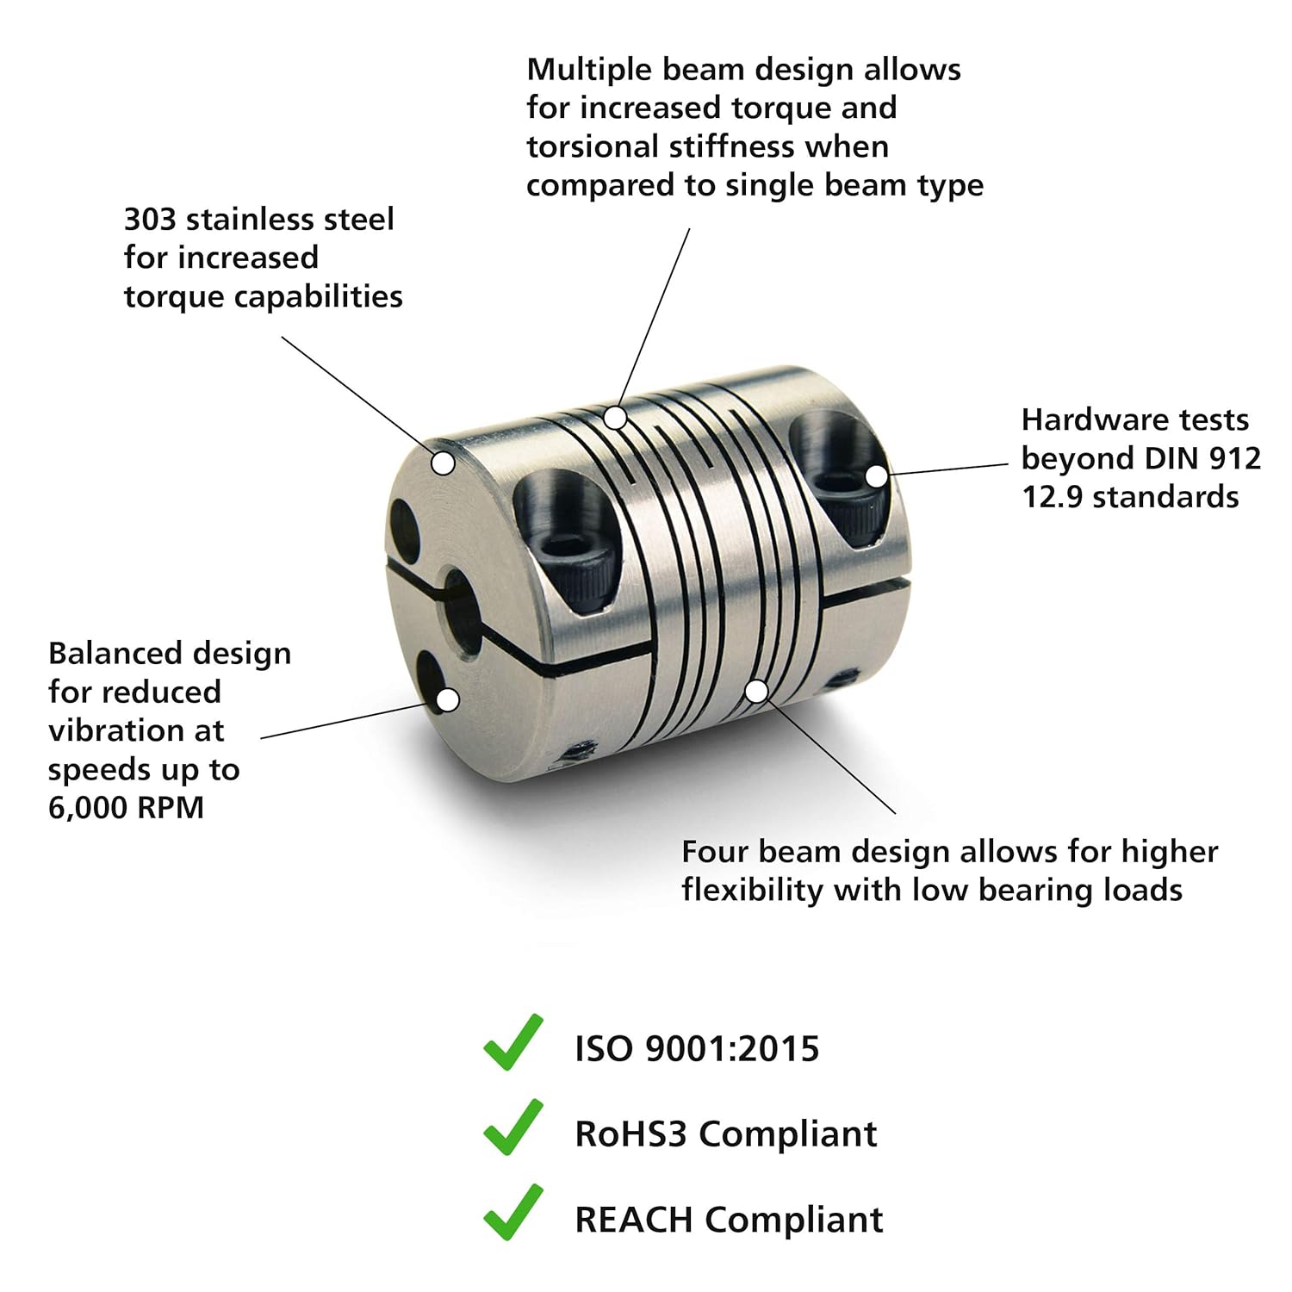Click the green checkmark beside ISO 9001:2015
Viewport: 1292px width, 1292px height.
click(512, 1044)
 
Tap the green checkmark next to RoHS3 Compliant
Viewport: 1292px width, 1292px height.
click(512, 1128)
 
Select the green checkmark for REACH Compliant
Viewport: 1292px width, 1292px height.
click(512, 1214)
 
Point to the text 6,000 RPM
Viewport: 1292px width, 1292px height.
click(126, 808)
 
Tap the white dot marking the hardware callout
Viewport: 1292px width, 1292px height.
click(876, 475)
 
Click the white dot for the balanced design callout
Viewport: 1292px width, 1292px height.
click(447, 700)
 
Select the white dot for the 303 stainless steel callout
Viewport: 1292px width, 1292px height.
click(443, 463)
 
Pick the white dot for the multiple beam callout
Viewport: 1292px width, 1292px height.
click(614, 418)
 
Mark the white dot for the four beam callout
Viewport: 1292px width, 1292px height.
click(756, 691)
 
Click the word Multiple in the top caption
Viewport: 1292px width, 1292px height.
click(586, 71)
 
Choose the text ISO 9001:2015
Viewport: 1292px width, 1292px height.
click(697, 1049)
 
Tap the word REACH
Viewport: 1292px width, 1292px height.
click(634, 1220)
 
